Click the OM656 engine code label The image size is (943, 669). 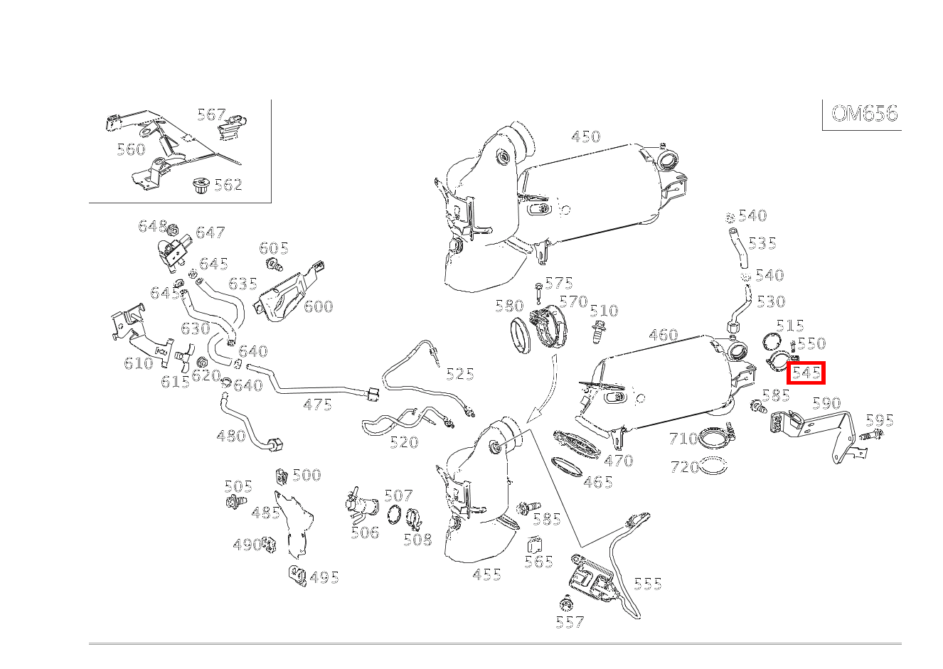coord(864,114)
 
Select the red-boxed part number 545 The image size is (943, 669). coord(806,373)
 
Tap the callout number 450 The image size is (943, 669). coord(586,137)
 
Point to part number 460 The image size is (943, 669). coord(663,335)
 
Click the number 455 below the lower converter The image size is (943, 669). coord(486,574)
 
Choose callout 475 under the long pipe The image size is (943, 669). coord(317,405)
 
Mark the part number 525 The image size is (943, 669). coord(459,374)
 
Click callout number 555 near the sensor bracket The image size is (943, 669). coord(647,584)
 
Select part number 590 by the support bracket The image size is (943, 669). coord(826,403)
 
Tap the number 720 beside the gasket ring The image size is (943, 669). coord(684,467)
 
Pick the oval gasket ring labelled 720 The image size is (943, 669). coord(713,467)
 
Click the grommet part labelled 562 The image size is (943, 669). coord(200,188)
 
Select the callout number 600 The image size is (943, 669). coord(318,306)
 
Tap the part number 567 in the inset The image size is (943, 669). coord(211,114)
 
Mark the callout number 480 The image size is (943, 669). coord(230,436)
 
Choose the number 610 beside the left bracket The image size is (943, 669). coord(138,363)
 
